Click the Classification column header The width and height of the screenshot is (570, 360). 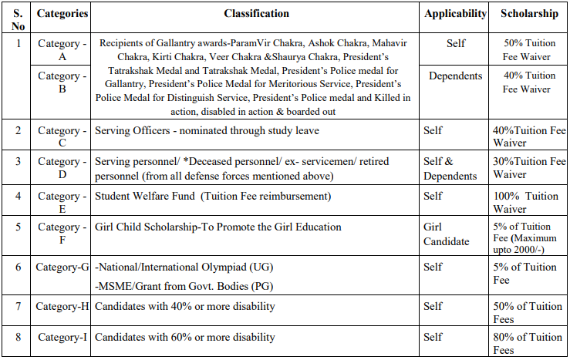(257, 14)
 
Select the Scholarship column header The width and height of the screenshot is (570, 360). (529, 14)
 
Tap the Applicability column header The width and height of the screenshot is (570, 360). (455, 14)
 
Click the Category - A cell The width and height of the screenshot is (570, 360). (62, 50)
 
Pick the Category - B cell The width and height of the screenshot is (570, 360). (62, 83)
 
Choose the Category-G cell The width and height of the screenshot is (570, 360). (62, 267)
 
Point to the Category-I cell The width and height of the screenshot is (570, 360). (62, 337)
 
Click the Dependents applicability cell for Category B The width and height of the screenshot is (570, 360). (455, 76)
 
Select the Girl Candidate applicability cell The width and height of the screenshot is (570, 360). (446, 234)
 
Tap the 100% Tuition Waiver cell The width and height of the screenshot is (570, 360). (529, 203)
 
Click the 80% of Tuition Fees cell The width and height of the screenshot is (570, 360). (529, 343)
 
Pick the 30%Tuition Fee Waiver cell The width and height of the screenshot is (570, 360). (529, 168)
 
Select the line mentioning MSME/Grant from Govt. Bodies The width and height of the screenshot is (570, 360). (184, 287)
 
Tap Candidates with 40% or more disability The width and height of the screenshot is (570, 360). (184, 307)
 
